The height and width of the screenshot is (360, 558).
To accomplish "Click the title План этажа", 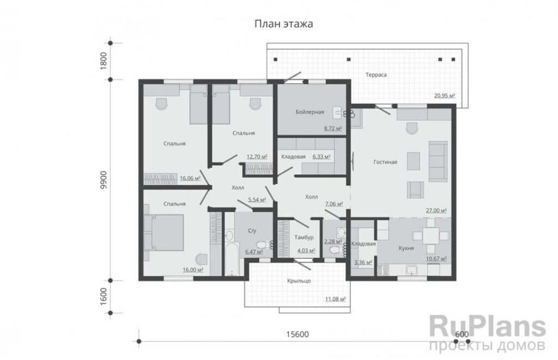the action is click(283, 24).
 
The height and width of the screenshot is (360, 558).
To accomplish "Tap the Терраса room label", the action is click(376, 75).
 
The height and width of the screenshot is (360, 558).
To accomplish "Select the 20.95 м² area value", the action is click(445, 95).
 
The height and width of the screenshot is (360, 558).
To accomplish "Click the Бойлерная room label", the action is click(310, 112).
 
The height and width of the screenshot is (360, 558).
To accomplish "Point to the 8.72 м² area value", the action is click(333, 128).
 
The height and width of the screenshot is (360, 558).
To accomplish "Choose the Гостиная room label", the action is click(385, 162).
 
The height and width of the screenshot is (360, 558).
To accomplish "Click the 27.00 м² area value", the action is click(436, 211).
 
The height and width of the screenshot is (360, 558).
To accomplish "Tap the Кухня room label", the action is click(406, 248).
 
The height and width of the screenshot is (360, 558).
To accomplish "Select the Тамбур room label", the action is click(304, 237).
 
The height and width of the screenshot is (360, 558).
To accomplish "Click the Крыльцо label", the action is click(299, 280).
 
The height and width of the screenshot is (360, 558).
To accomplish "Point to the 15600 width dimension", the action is click(298, 334).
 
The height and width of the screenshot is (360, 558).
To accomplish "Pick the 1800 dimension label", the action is click(104, 61).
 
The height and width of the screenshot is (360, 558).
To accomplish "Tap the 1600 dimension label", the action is click(104, 296).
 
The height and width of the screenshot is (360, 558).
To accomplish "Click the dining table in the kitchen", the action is click(431, 235).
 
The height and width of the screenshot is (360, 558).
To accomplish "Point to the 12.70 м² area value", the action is click(257, 156).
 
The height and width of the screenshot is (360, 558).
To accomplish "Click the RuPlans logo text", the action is click(487, 327).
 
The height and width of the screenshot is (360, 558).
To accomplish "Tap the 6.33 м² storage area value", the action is click(322, 156).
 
